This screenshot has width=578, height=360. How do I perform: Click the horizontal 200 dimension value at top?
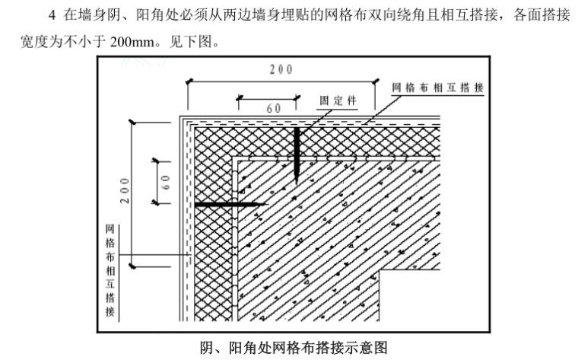pos(281,69)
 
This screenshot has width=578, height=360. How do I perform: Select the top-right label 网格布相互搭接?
pos(437,88)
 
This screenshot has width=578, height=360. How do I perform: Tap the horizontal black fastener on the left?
pos(228,204)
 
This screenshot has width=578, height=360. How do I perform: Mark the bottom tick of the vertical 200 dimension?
pos(134,265)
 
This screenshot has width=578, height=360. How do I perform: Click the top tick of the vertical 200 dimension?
pos(134,123)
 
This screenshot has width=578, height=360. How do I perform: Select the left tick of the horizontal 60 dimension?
pos(239,97)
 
